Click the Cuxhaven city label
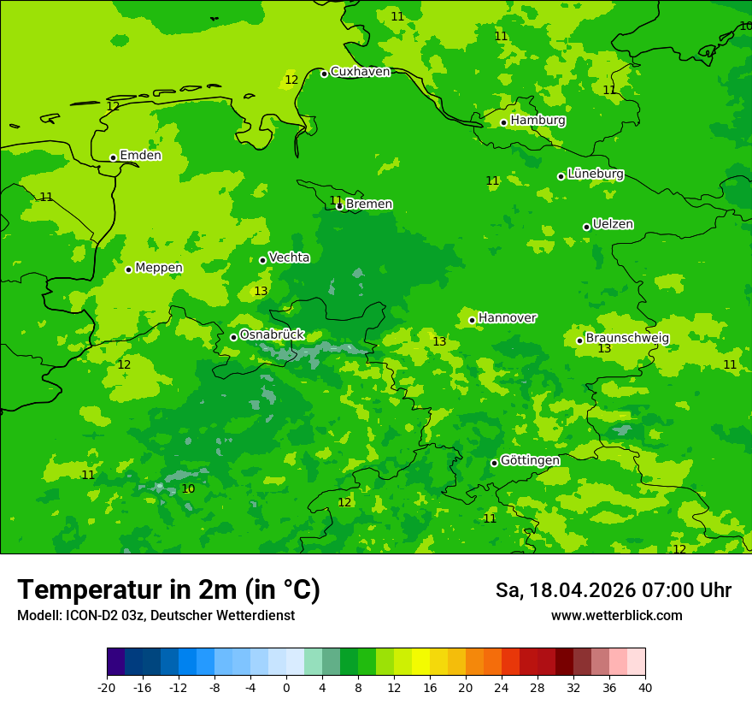coord(360,72)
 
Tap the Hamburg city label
coord(538,121)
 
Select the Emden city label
coord(140,156)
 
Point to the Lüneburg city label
coord(595,174)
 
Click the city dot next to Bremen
coord(339,206)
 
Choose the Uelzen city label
coord(613,225)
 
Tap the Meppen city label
coord(158,268)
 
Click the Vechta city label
coord(289,257)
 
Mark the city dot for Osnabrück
coord(233,337)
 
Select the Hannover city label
coord(507,318)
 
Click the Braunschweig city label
coord(626,339)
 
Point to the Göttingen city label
coord(530,461)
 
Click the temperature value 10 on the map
coord(188,489)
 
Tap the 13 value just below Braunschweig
coord(604,349)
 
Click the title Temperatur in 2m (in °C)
coord(168,590)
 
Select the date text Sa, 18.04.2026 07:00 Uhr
coord(613,590)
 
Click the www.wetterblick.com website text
coord(616,616)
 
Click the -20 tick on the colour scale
coord(107,687)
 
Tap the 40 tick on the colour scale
coord(645,687)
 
